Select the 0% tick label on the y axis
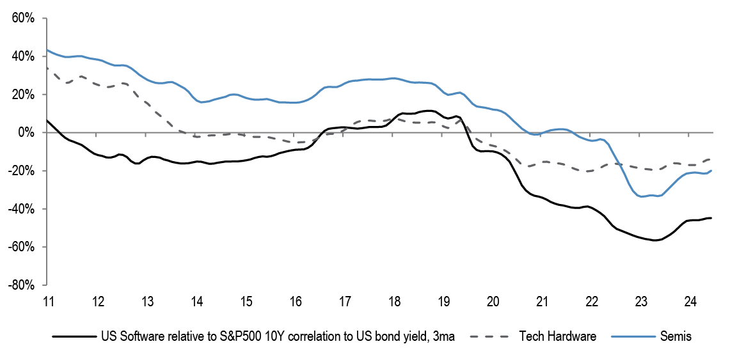tap(28, 132)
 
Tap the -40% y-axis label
tap(23, 209)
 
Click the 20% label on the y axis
tap(24, 95)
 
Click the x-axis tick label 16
tap(295, 301)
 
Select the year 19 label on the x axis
tap(444, 301)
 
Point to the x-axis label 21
tap(543, 301)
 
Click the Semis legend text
tap(675, 336)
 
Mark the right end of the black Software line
tap(711, 218)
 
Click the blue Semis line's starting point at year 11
tap(47, 50)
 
